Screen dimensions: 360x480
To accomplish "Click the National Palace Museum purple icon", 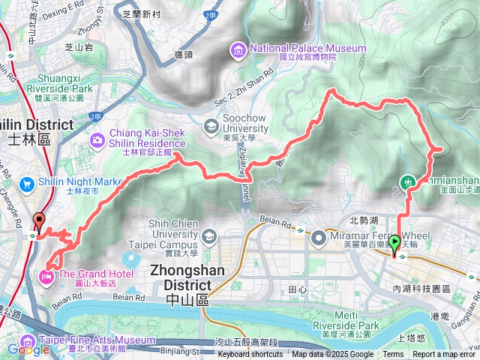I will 239,50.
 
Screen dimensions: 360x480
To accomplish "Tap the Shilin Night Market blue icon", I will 27,183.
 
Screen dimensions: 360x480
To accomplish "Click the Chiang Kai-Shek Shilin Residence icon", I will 98,139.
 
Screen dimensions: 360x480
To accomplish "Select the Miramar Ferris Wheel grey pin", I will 319,238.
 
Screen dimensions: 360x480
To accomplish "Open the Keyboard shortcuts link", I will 250,355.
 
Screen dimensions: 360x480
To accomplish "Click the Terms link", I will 393,355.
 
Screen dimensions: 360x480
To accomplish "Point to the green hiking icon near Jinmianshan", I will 409,181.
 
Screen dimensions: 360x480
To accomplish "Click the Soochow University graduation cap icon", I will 210,124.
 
